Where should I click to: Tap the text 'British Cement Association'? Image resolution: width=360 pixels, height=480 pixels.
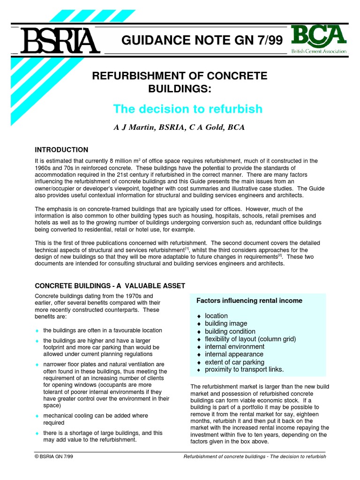319,52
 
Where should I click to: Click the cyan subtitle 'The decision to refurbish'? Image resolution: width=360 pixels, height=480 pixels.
187,109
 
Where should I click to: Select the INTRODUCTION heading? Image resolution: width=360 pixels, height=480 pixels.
61,150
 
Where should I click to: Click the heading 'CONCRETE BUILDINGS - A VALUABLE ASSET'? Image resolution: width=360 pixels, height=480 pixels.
110,285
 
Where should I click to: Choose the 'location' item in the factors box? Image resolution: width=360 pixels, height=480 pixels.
216,316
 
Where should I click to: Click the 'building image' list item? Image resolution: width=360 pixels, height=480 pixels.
226,323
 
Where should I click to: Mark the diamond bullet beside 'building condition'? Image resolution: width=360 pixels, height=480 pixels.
199,331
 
